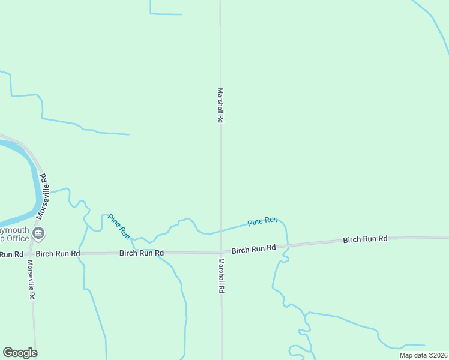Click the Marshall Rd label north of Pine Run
(220, 106)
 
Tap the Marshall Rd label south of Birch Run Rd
(221, 275)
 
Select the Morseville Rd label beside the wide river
(42, 196)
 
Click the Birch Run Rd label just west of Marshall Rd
(142, 253)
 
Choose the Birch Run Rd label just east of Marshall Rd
(253, 248)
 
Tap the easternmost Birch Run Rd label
(365, 239)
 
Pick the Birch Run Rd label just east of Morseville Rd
(58, 254)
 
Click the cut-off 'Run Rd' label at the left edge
(11, 254)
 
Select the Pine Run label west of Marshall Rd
(119, 224)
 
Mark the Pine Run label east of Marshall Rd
(262, 221)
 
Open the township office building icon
(38, 233)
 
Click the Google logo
(20, 353)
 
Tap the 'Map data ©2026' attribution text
(423, 355)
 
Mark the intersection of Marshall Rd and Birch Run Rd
(221, 252)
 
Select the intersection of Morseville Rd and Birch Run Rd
(28, 254)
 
